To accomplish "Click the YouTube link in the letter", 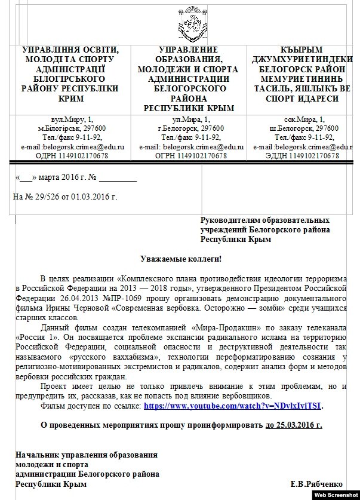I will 232,406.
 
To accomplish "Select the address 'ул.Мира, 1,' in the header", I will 190,119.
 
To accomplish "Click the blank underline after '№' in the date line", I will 117,177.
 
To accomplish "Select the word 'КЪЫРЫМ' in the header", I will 301,50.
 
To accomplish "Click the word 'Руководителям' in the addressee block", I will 232,220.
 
